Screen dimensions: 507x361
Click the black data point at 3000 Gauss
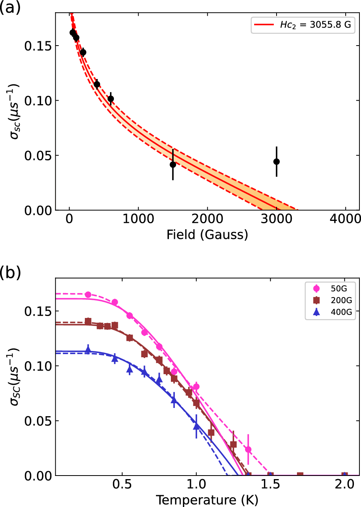(276, 162)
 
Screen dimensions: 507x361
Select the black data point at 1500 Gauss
(173, 164)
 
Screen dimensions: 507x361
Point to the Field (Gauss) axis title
(207, 235)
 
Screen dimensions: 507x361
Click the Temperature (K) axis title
(207, 500)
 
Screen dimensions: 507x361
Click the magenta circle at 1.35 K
(248, 450)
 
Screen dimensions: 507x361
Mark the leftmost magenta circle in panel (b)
(88, 295)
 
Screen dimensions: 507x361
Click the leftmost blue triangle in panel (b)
(88, 349)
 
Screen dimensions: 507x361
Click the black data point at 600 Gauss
(111, 99)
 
